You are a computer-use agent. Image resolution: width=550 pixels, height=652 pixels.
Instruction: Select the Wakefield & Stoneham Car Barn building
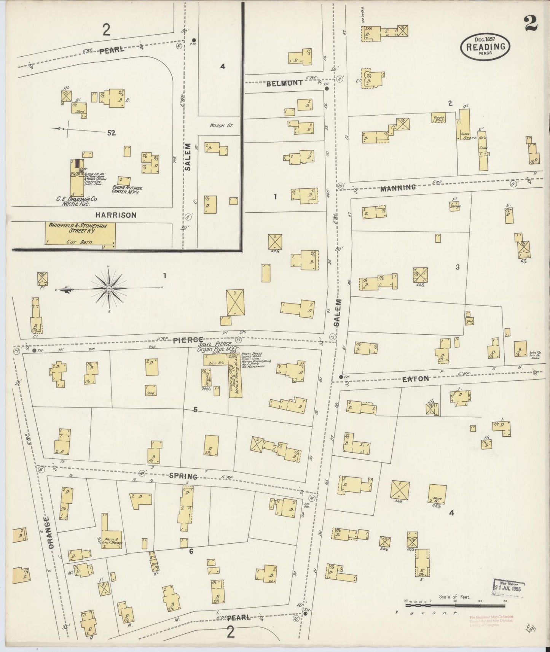[80, 234]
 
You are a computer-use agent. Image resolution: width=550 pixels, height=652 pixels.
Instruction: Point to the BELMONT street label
[284, 83]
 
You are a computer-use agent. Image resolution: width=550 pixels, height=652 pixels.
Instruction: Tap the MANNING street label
[397, 188]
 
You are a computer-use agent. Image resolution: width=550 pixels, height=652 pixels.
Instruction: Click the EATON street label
[416, 379]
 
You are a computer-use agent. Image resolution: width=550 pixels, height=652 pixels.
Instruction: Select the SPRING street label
[183, 476]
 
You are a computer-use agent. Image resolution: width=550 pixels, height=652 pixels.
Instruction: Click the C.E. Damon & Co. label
[70, 198]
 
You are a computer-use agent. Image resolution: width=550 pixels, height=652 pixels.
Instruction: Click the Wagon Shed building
[438, 118]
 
